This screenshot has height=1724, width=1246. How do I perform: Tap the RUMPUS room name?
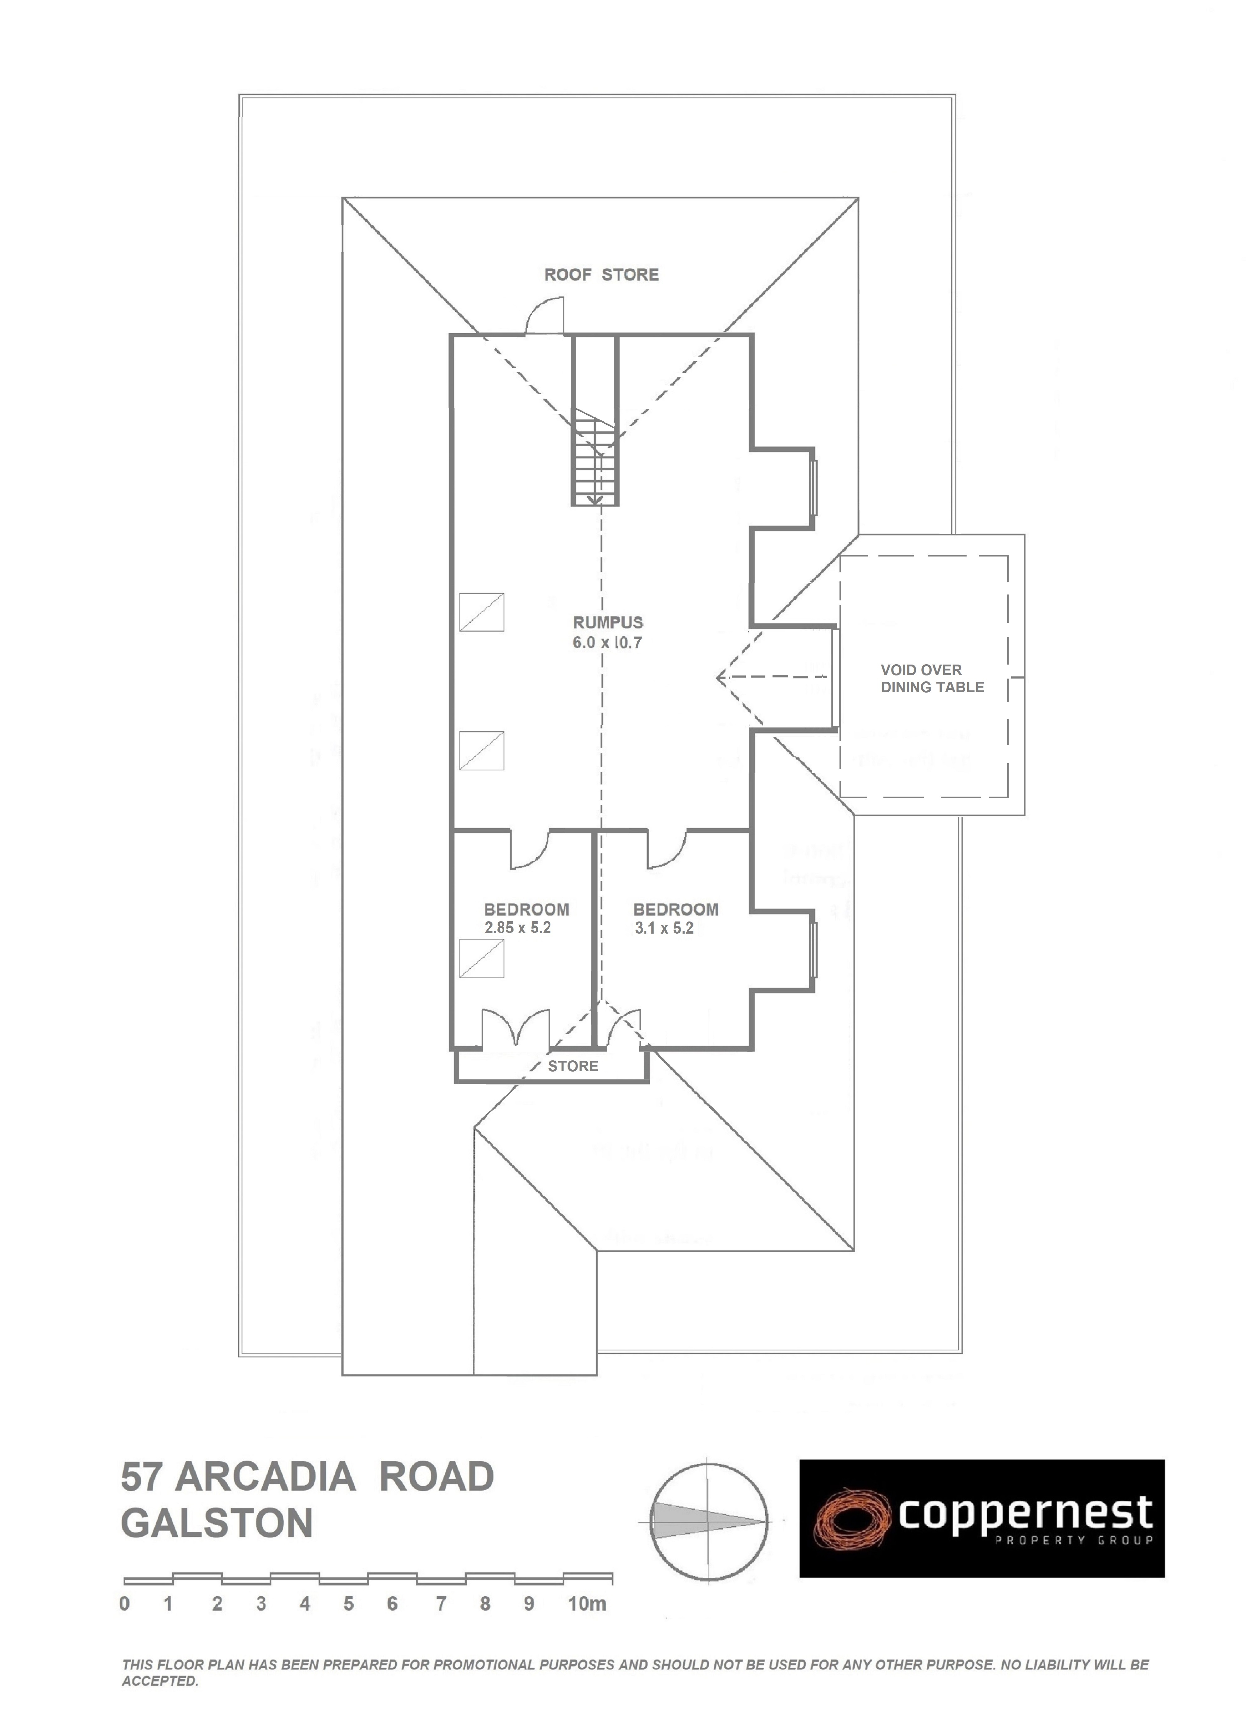click(607, 623)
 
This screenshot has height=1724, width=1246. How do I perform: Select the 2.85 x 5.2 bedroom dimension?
click(517, 928)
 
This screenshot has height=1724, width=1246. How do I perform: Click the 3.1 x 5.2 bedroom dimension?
click(664, 928)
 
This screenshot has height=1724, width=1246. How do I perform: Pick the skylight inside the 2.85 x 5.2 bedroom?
click(481, 959)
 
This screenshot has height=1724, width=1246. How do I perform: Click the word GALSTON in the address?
click(217, 1523)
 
